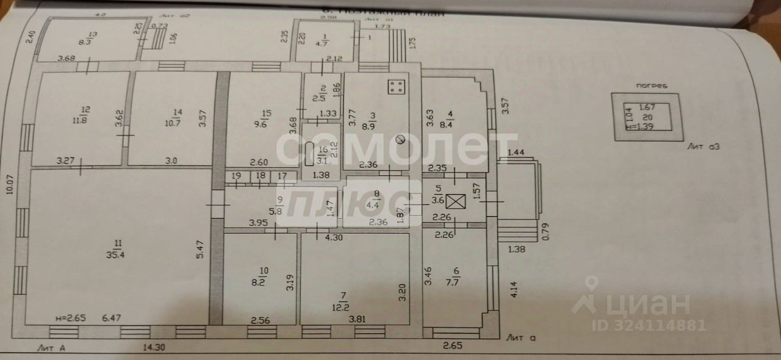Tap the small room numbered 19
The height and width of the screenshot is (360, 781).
pyautogui.click(x=237, y=176)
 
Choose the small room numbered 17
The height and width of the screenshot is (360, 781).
pyautogui.click(x=282, y=176)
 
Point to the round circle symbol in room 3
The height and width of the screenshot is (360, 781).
pyautogui.click(x=400, y=140)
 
